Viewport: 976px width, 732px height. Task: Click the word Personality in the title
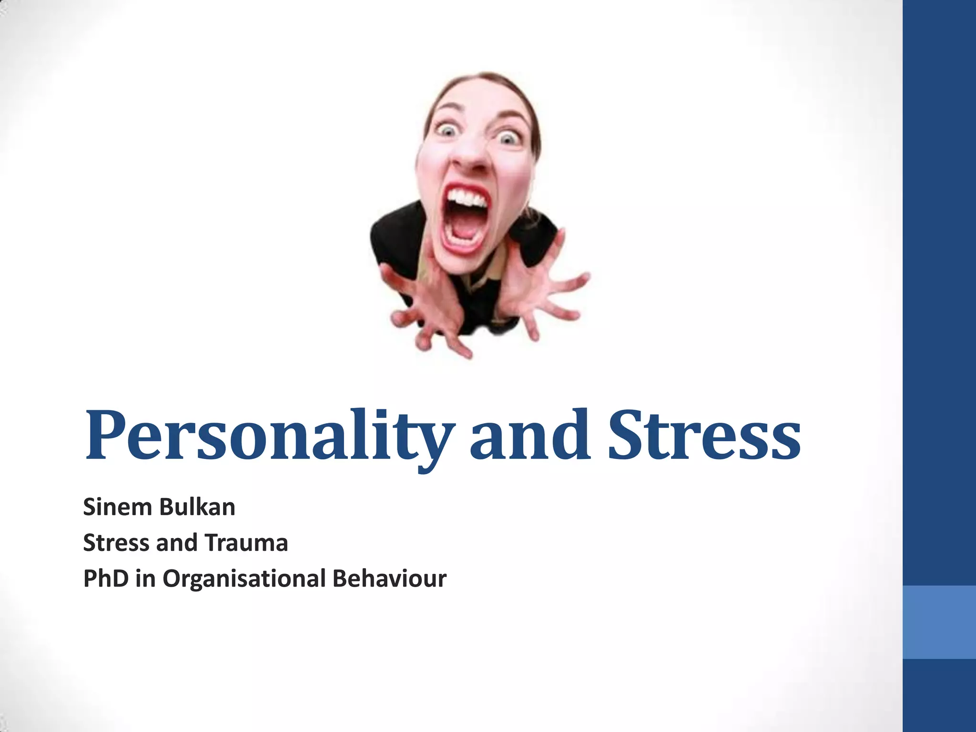click(267, 436)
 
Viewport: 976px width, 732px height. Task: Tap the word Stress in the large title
click(704, 436)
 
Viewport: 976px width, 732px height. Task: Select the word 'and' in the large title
click(530, 436)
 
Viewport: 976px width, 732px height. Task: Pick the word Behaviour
click(389, 579)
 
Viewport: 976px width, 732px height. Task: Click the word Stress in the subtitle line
click(116, 542)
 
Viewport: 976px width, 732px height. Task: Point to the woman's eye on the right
click(508, 138)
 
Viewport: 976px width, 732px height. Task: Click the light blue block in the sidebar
click(939, 622)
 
